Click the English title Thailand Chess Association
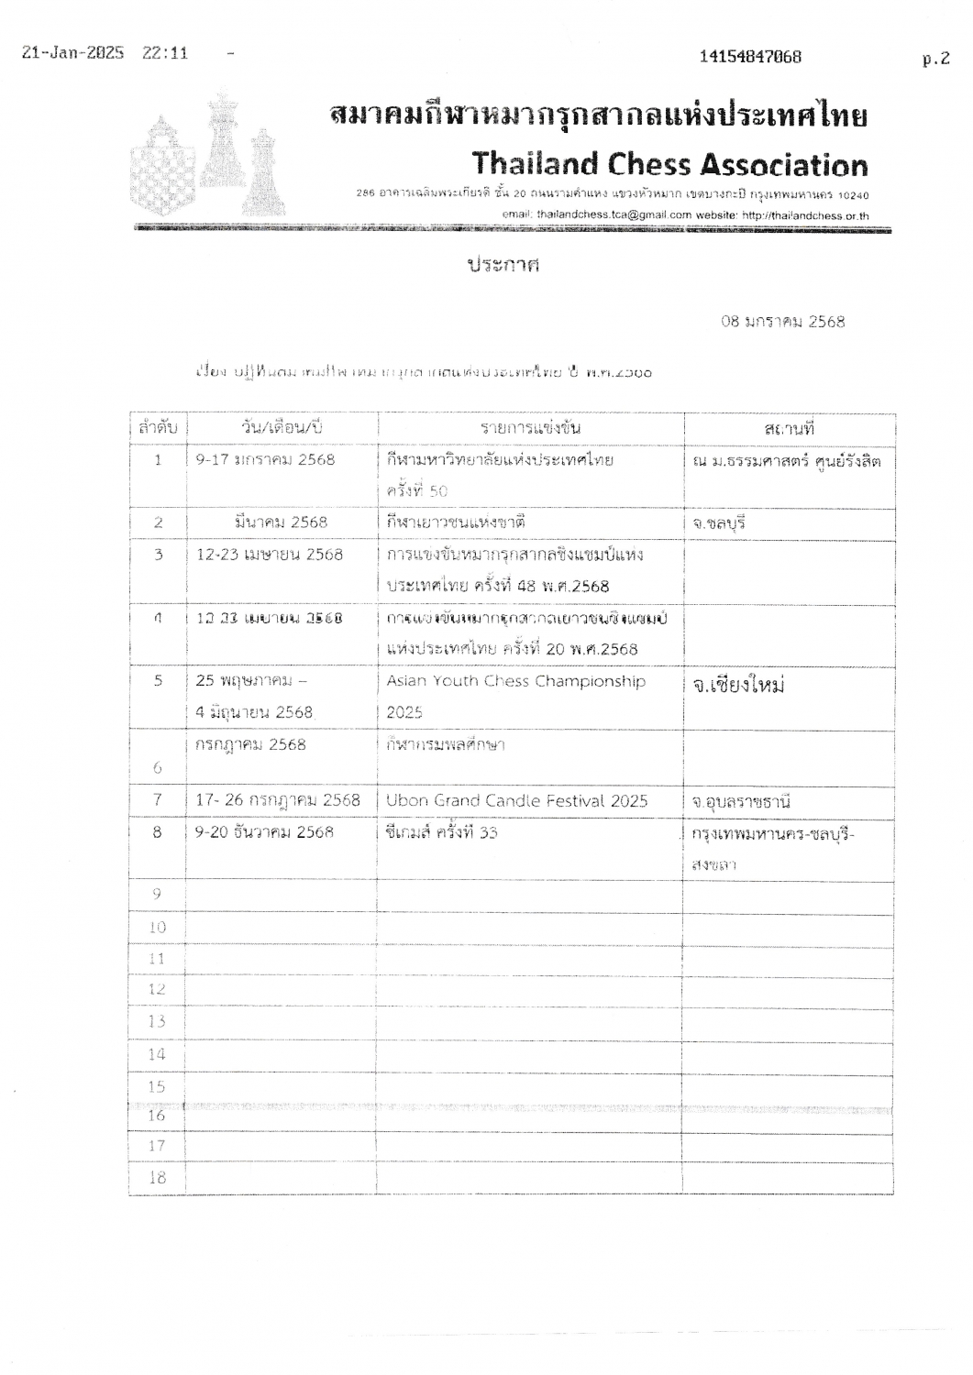(669, 165)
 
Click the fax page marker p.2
(935, 59)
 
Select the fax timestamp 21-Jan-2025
(72, 53)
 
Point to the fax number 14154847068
(750, 57)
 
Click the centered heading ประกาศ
(503, 265)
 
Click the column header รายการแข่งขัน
(531, 428)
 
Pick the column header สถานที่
(789, 428)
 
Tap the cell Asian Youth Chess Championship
(515, 681)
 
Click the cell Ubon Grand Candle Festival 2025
(516, 800)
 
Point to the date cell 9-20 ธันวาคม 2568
(264, 832)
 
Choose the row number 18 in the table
(157, 1178)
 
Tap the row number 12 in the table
(157, 989)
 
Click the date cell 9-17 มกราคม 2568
(265, 459)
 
